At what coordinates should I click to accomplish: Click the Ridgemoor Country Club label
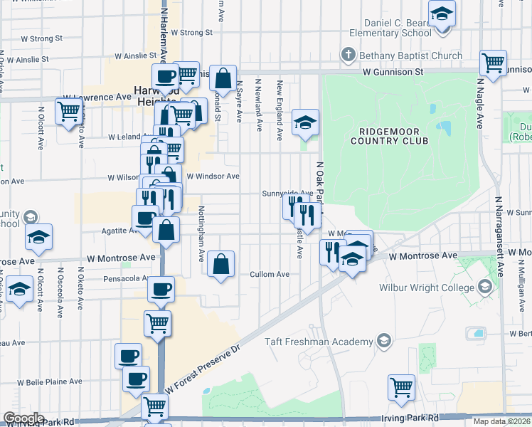coord(393,135)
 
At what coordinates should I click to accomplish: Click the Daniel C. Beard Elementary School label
coord(390,27)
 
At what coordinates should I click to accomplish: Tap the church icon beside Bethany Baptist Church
coord(348,54)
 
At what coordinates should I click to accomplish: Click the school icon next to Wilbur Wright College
coord(486,287)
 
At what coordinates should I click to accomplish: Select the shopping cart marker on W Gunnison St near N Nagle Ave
coord(493,62)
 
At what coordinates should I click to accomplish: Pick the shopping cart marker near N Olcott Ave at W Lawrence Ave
coord(68,111)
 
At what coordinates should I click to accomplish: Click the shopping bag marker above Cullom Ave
coord(221,263)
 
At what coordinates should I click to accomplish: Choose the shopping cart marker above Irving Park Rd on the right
coord(401,386)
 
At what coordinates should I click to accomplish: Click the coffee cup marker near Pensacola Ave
coord(160,289)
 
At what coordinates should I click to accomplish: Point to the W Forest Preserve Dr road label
coord(205,369)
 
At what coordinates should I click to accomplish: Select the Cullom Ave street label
coord(270,274)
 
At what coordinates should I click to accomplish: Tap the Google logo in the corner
coord(23,418)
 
